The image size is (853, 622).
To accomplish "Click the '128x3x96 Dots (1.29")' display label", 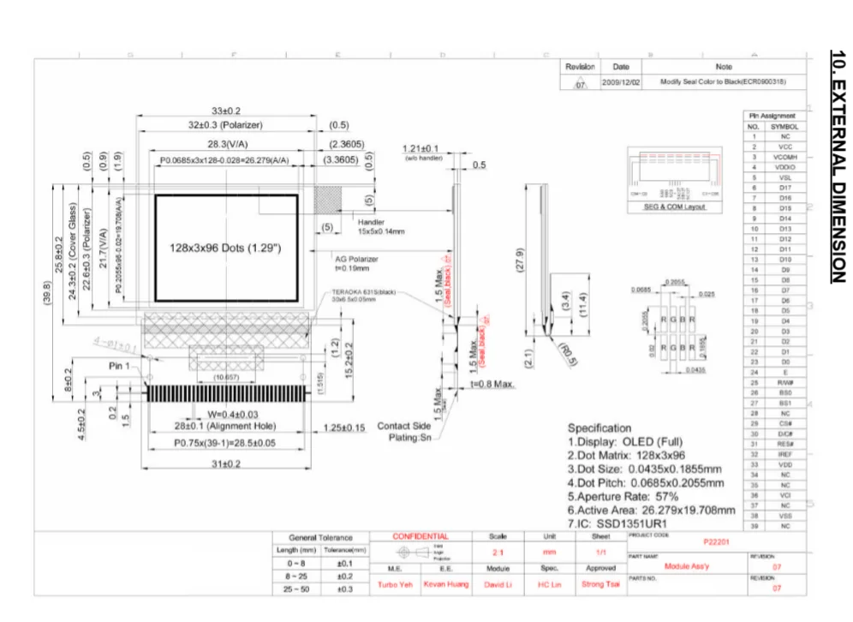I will pos(225,248).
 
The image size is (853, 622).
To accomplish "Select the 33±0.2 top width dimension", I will pos(226,111).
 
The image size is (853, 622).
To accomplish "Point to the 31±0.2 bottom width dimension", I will pos(226,464).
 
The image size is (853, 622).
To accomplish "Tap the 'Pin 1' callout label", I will pos(119,366).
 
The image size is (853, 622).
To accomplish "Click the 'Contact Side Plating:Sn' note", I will pos(404,432).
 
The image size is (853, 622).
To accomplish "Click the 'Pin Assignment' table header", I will pos(772,116).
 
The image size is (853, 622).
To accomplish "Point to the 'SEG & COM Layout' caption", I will pos(675,206).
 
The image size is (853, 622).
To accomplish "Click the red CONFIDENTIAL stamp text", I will pos(421,536).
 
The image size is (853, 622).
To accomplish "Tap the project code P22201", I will pos(715,542).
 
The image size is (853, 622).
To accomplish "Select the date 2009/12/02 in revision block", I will pos(621,82).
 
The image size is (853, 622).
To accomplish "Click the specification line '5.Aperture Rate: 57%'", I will pos(623,496).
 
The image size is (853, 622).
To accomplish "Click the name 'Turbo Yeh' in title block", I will pos(395,584).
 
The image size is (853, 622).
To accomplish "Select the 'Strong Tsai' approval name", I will pos(600,584).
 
